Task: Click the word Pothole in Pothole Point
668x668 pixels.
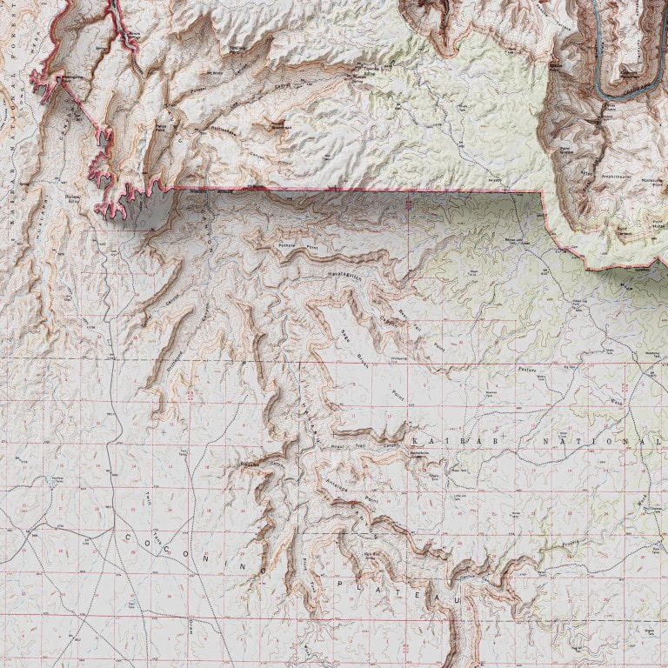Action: [x=287, y=246]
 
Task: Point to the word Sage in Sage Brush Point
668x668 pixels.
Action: [x=344, y=335]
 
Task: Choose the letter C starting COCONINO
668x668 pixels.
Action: [x=129, y=538]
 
